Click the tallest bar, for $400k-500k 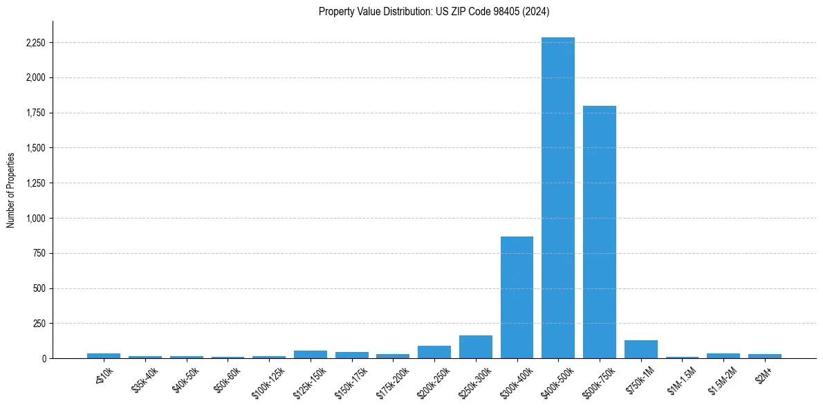(x=558, y=198)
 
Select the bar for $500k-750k (x=599, y=232)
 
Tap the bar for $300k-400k (x=517, y=297)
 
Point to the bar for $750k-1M (x=640, y=349)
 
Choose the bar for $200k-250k (x=434, y=352)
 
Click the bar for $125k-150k (x=311, y=354)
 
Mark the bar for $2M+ (x=764, y=356)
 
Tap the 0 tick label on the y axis (x=44, y=359)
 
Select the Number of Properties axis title (x=10, y=190)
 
